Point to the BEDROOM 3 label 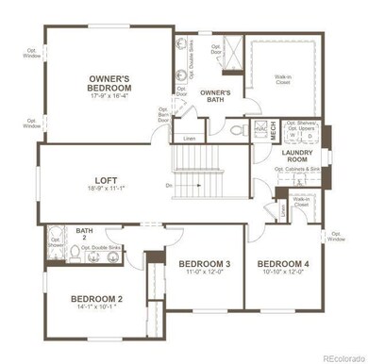(x=192, y=262)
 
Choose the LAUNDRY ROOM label (x=293, y=157)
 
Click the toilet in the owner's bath (x=237, y=131)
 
